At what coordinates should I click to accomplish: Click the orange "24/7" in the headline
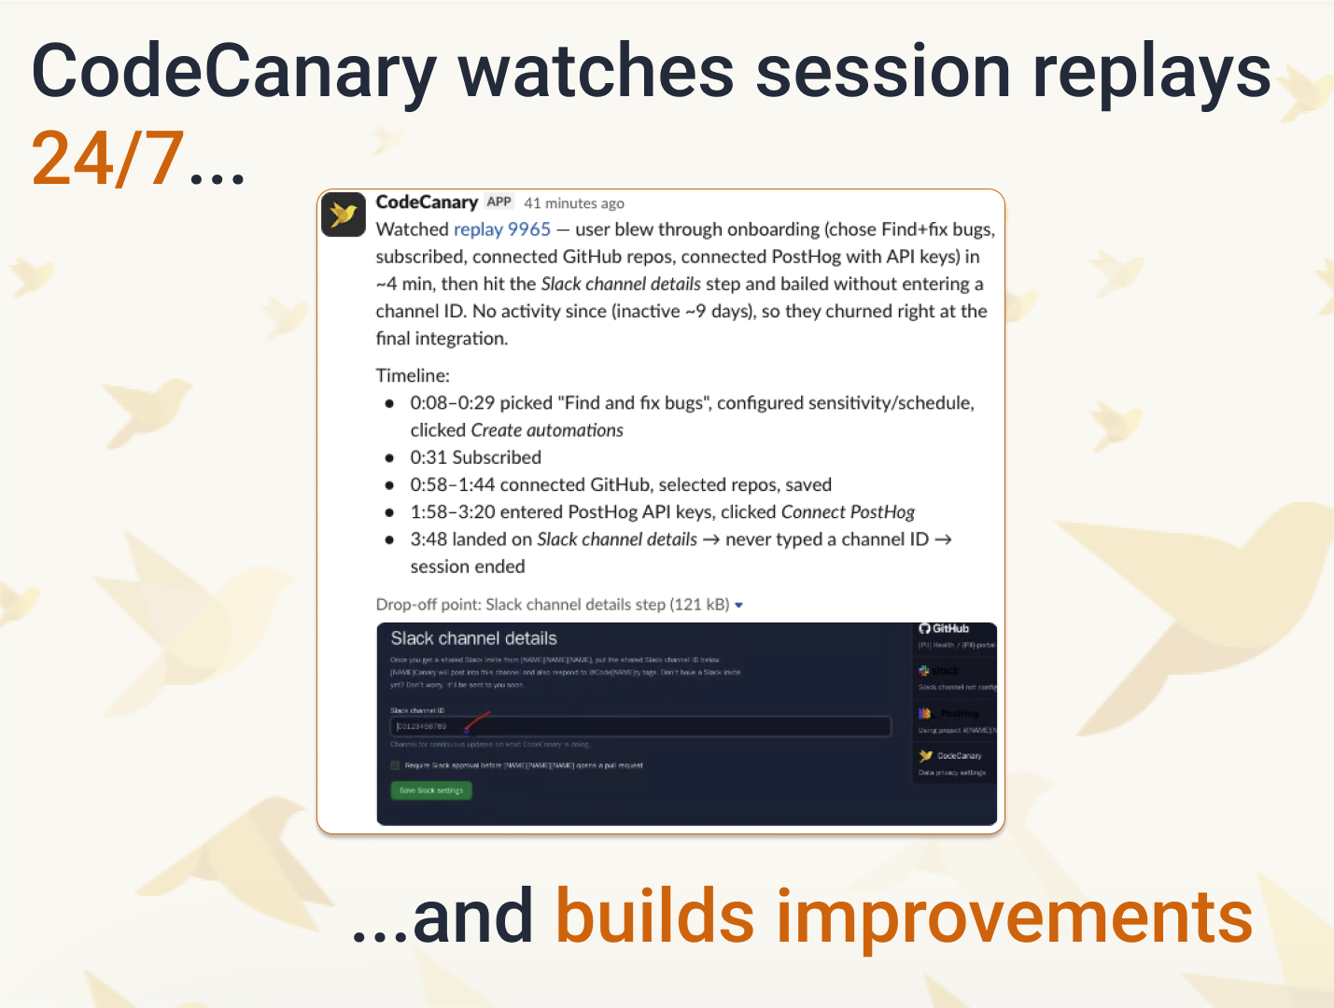click(107, 159)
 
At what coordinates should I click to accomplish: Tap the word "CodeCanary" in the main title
click(233, 73)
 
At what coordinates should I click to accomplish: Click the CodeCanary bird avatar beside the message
click(344, 215)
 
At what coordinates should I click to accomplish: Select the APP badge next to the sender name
click(499, 202)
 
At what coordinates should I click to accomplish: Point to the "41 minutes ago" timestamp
click(574, 203)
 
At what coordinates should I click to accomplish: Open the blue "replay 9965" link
click(502, 230)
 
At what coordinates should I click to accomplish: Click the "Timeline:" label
click(413, 375)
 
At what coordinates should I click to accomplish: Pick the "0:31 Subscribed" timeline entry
click(476, 457)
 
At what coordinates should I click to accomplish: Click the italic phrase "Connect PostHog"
click(848, 511)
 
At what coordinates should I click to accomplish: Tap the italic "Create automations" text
click(547, 430)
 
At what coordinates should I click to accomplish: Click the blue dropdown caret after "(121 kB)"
click(739, 606)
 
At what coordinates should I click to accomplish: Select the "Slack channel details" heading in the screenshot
click(473, 638)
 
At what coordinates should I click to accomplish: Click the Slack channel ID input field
click(639, 726)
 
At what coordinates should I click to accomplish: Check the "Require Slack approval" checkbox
click(395, 765)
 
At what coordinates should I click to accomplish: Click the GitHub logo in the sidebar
click(924, 629)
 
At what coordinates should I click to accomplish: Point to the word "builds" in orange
click(654, 917)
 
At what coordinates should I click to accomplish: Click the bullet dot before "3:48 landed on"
click(389, 539)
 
